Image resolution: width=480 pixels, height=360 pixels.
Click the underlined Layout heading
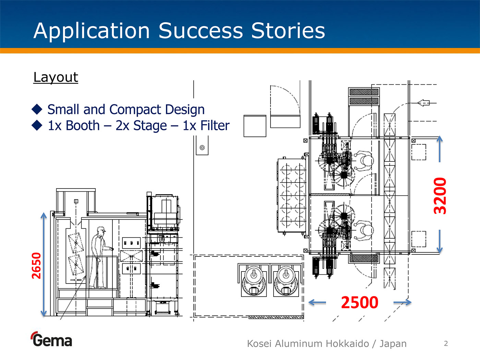pos(56,77)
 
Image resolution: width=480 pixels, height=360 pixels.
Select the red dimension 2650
pos(36,265)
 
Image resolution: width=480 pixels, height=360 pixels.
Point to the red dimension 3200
pos(440,196)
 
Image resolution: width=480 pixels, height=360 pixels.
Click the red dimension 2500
pos(359,302)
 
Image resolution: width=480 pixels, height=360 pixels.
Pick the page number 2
pos(446,344)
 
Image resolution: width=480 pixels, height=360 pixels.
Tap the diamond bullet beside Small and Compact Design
pos(37,109)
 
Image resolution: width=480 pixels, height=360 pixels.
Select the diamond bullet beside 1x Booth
pos(37,125)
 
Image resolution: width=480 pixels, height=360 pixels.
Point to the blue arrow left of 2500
pos(317,302)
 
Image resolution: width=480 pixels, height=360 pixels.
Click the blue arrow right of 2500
pos(402,302)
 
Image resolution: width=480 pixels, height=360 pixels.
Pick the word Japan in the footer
pos(393,344)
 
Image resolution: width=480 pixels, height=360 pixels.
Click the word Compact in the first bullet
pos(136,110)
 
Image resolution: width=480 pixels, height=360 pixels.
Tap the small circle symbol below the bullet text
pos(202,148)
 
